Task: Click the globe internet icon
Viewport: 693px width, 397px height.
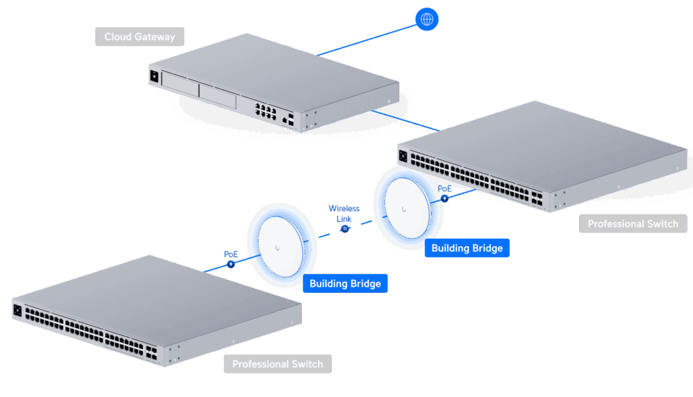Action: [x=427, y=19]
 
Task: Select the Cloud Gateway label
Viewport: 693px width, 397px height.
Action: [x=140, y=37]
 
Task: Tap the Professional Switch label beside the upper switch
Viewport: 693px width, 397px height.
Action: [x=633, y=224]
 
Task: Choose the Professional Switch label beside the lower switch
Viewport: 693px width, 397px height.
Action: [x=277, y=364]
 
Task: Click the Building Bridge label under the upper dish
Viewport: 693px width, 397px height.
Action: [x=467, y=248]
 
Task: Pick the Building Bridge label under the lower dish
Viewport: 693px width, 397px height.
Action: [x=345, y=283]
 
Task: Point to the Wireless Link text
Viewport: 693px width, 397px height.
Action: [x=344, y=214]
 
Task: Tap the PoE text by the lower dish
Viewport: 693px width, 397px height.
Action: [x=231, y=254]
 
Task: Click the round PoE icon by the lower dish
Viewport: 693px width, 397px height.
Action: [x=231, y=264]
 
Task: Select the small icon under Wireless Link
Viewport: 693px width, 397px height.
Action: [x=344, y=229]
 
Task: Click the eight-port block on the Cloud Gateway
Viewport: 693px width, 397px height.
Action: [x=265, y=110]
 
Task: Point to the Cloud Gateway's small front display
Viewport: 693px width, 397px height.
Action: [x=154, y=76]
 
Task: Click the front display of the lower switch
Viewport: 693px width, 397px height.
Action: [x=18, y=311]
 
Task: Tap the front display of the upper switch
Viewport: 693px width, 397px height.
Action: [x=403, y=157]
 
